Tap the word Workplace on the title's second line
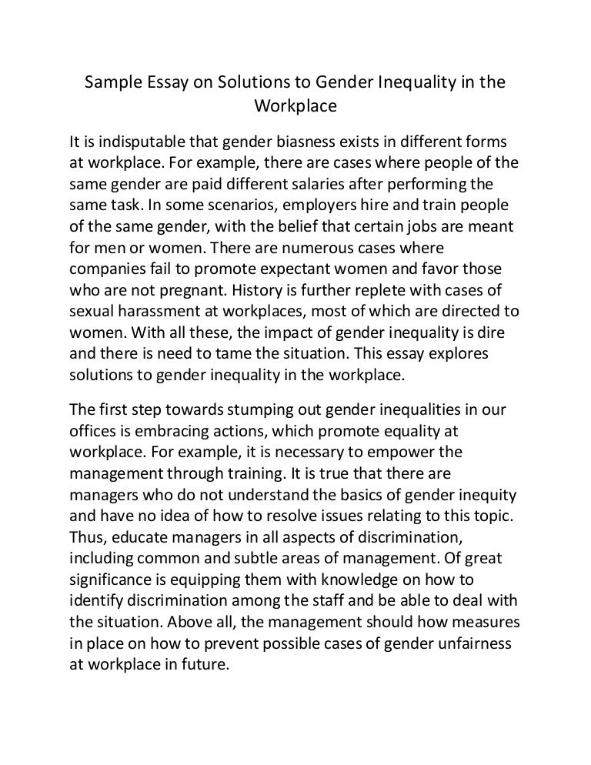pyautogui.click(x=295, y=106)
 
